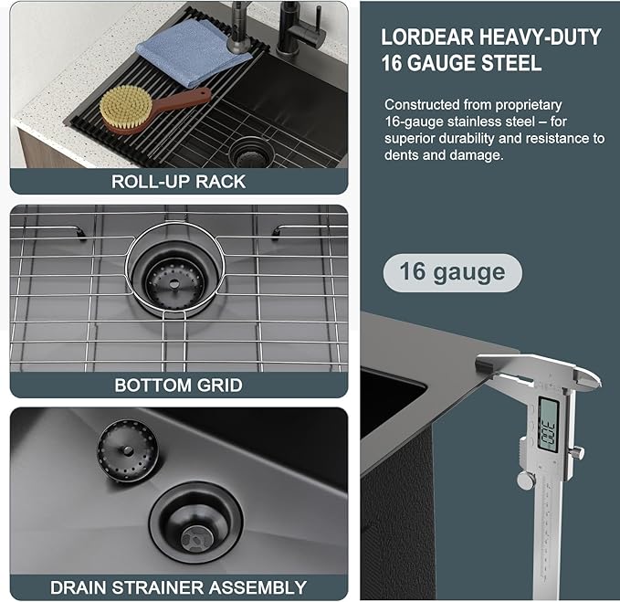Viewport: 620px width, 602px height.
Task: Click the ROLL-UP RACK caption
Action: click(178, 181)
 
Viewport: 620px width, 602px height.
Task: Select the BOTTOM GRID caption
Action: click(178, 385)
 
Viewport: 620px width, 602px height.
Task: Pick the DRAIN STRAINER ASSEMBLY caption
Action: click(178, 587)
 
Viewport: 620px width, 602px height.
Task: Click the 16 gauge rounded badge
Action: click(452, 272)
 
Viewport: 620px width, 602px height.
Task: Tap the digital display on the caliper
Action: click(549, 424)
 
